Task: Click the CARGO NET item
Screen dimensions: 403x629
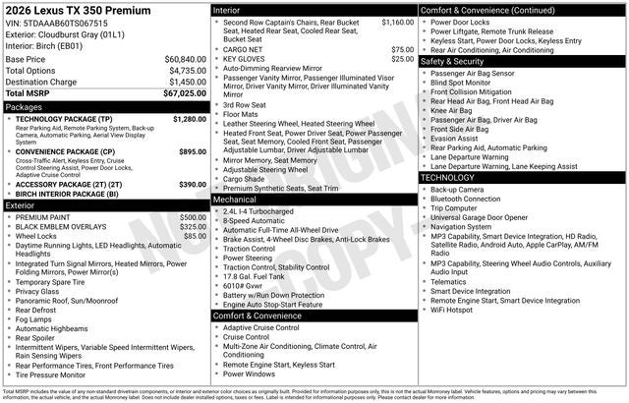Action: (x=243, y=49)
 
